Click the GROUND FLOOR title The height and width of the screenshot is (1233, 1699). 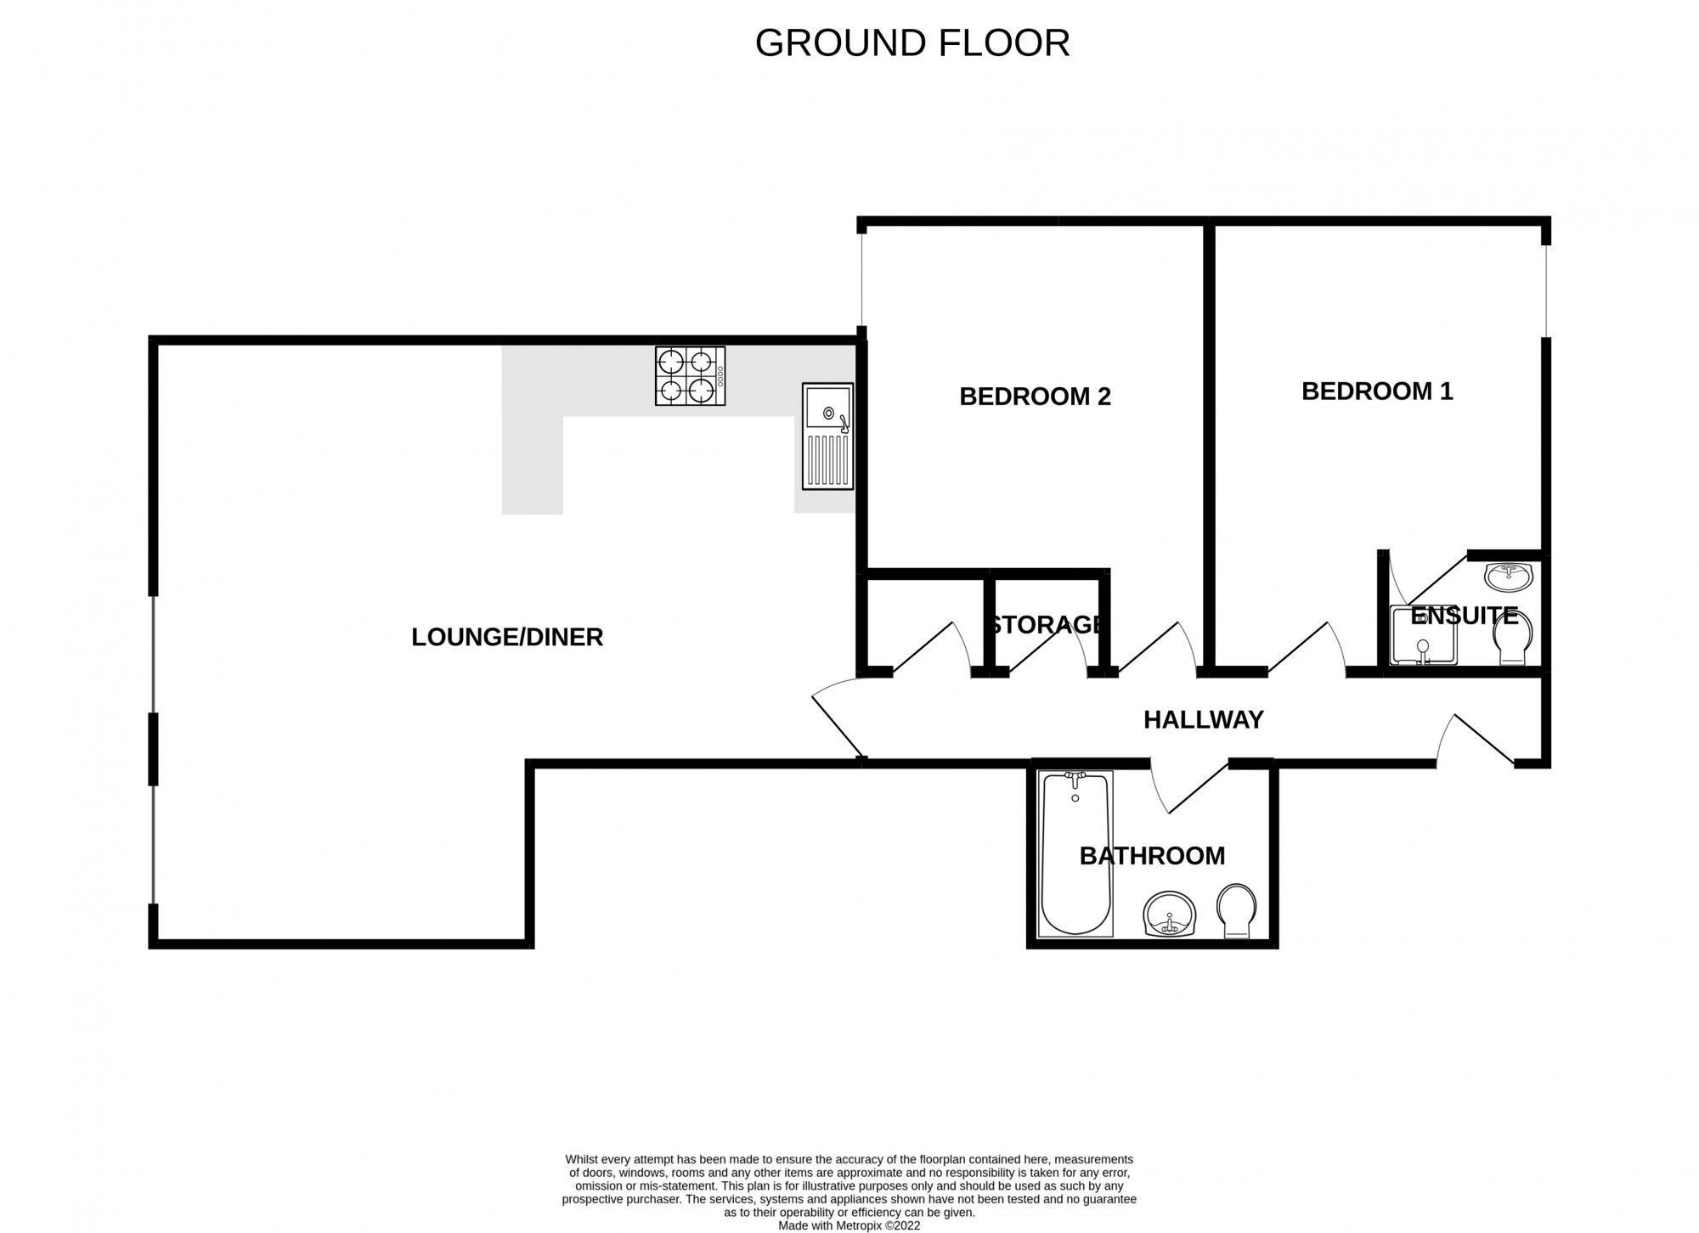[x=912, y=43]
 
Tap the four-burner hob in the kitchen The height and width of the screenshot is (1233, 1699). [x=690, y=375]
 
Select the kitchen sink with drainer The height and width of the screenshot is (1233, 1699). [x=827, y=436]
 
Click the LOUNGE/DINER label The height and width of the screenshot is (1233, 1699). [x=507, y=637]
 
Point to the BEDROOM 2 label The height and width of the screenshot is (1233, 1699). [x=1035, y=397]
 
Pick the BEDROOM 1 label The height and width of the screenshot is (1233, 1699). [x=1377, y=391]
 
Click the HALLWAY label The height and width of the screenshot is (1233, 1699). [x=1203, y=720]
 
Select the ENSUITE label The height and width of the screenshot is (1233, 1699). [x=1464, y=616]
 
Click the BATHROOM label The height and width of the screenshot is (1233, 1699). [x=1152, y=856]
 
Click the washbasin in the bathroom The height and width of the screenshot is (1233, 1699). [x=1170, y=914]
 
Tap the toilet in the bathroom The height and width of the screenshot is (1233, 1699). [x=1237, y=911]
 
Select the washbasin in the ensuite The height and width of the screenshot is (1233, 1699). [x=1509, y=577]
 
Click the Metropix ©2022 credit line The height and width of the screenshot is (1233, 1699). [x=849, y=1225]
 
